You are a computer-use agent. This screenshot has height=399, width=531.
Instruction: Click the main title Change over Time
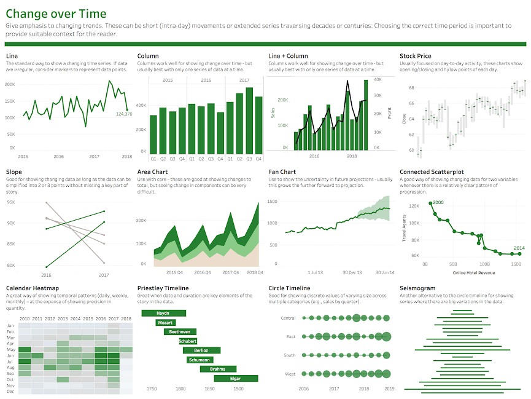[56, 14]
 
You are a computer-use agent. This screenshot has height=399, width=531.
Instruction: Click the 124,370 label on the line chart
[123, 114]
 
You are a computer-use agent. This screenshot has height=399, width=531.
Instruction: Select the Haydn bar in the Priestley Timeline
[163, 314]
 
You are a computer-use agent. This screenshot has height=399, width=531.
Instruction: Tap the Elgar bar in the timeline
[235, 378]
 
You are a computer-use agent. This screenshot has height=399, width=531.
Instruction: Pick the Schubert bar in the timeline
[188, 341]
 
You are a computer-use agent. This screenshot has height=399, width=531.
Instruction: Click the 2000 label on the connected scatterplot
[438, 202]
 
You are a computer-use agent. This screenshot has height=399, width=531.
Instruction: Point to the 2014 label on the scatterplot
[519, 248]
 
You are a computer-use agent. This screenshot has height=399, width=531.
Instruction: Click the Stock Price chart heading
[414, 56]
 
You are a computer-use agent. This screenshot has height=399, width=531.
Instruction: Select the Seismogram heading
[417, 288]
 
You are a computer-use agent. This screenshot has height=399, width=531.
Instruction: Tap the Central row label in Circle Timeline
[288, 318]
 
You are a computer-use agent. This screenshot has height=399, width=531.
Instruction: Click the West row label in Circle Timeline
[290, 374]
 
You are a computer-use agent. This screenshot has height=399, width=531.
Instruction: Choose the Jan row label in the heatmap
[10, 326]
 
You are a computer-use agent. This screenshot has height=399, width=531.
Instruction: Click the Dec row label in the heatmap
[10, 391]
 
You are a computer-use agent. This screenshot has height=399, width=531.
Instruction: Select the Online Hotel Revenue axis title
[473, 272]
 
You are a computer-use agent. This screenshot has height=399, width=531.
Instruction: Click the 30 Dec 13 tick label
[352, 272]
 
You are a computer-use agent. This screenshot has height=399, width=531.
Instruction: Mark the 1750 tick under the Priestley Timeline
[152, 389]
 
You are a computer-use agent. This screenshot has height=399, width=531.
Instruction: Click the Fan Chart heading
[282, 172]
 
